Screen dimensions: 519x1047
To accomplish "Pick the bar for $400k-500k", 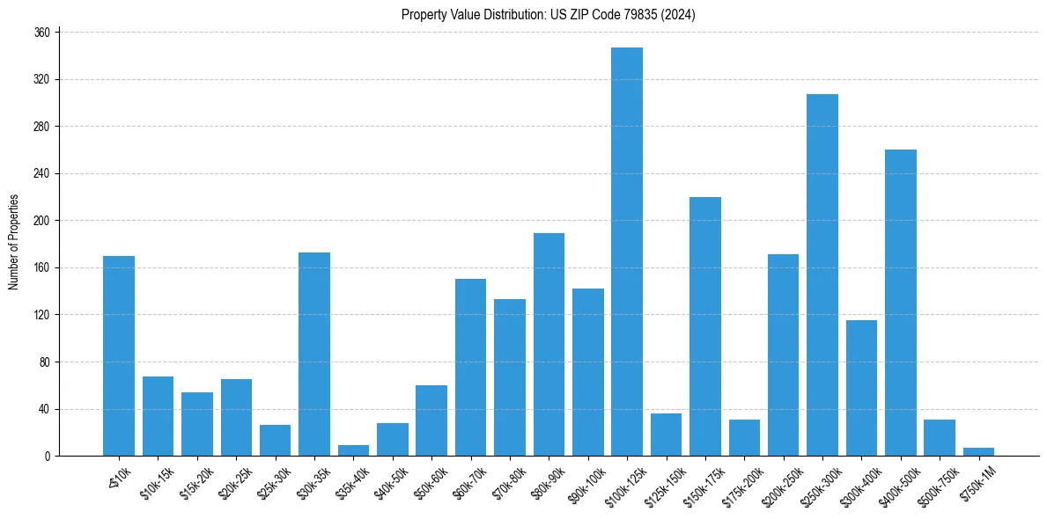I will pyautogui.click(x=900, y=303).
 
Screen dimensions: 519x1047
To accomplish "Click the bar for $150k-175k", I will pyautogui.click(x=705, y=326).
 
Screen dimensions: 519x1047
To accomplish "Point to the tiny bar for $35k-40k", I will pyautogui.click(x=353, y=450).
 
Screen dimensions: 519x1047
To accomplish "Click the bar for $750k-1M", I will pyautogui.click(x=978, y=451).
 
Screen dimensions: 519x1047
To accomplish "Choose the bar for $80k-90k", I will pyautogui.click(x=549, y=344).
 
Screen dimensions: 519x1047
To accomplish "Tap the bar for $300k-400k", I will pyautogui.click(x=861, y=388).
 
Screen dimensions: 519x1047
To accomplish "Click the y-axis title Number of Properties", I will pyautogui.click(x=14, y=243).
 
